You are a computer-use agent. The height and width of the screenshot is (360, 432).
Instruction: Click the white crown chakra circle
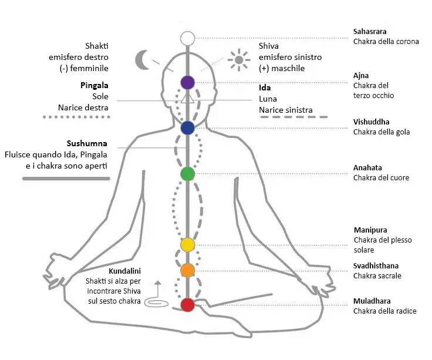(x=187, y=39)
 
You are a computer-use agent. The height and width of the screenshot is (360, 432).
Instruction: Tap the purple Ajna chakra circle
(x=187, y=82)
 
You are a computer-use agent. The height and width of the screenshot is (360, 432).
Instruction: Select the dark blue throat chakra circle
(x=187, y=128)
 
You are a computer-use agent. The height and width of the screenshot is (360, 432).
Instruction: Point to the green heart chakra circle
(x=187, y=174)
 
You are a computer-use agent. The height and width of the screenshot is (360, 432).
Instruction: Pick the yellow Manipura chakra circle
(x=187, y=244)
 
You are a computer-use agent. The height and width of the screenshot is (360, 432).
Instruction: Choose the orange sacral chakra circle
(x=187, y=270)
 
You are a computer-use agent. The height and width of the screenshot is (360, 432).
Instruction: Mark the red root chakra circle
(x=187, y=305)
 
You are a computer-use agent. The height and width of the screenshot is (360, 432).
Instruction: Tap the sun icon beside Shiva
(x=238, y=59)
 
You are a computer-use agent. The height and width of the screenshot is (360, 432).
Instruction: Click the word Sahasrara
(x=370, y=31)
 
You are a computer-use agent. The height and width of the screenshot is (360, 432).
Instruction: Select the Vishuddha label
(x=371, y=122)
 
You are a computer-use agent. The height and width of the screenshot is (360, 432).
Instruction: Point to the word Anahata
(x=367, y=167)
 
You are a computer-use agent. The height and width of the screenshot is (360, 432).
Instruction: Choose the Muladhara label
(x=372, y=301)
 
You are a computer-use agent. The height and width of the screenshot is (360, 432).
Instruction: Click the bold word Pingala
(x=95, y=85)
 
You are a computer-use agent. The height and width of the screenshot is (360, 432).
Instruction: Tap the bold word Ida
(x=265, y=88)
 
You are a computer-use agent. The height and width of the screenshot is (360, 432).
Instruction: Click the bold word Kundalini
(x=125, y=272)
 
